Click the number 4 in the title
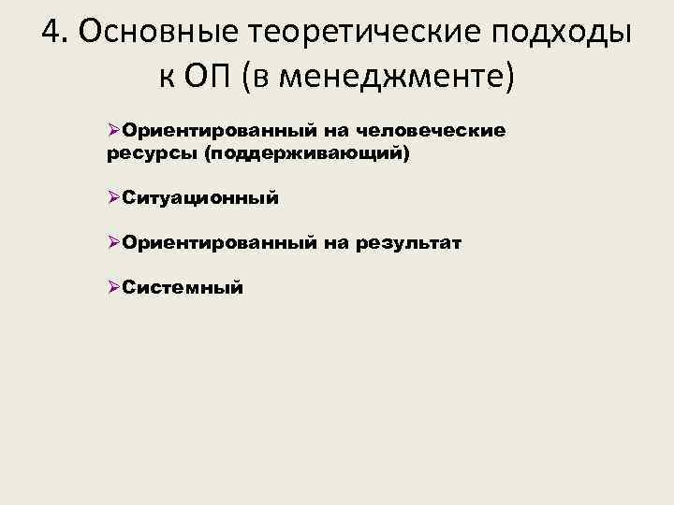tap(53, 31)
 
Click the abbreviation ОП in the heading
tap(204, 76)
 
